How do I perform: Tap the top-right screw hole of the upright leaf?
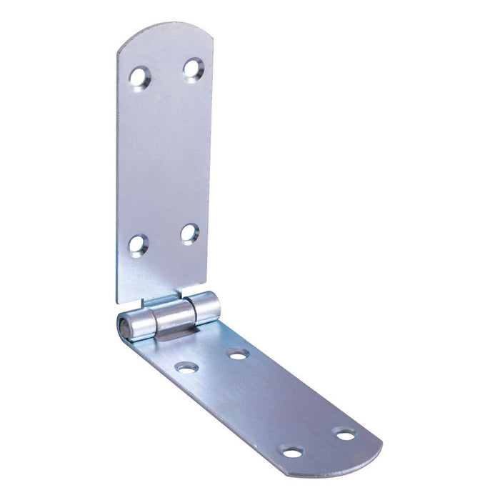[x=193, y=69]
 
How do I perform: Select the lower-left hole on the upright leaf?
[x=138, y=244]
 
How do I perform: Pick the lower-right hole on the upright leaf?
[x=189, y=233]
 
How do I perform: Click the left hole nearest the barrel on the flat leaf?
[x=187, y=368]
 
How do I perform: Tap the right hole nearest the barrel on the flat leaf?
[x=238, y=354]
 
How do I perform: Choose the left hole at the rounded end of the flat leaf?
[x=291, y=451]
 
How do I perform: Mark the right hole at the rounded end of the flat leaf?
[x=345, y=434]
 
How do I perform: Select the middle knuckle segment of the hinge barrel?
[x=173, y=314]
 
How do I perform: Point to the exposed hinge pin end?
[x=124, y=329]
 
